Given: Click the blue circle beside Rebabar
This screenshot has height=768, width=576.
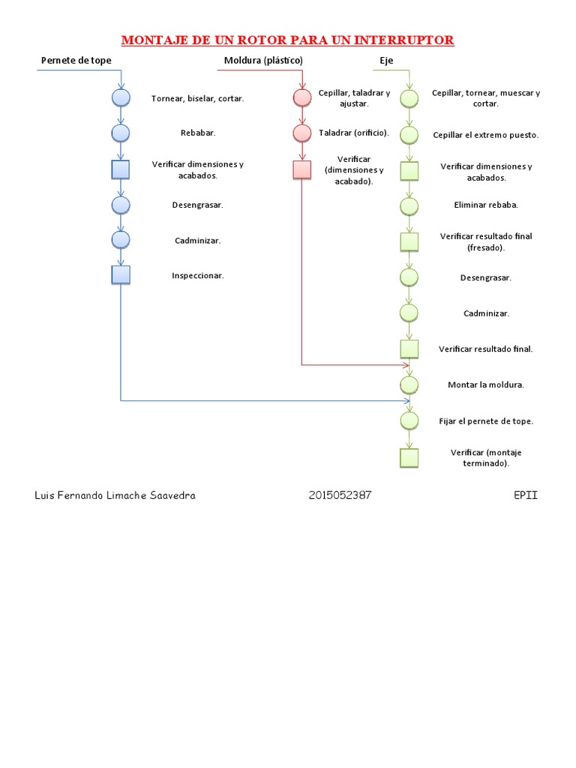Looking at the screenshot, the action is pyautogui.click(x=121, y=133).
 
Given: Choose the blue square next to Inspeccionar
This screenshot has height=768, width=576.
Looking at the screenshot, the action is pyautogui.click(x=121, y=275).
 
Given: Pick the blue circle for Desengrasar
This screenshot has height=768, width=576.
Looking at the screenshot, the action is pyautogui.click(x=121, y=204).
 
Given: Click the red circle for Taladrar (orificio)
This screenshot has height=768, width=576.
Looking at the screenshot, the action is pyautogui.click(x=301, y=133).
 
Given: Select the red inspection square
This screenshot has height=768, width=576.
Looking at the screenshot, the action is pyautogui.click(x=301, y=169).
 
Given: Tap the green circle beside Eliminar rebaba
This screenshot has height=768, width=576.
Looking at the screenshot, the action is pyautogui.click(x=409, y=205).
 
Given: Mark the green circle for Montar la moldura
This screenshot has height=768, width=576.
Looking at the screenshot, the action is pyautogui.click(x=409, y=385).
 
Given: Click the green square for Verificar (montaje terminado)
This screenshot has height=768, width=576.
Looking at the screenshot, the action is pyautogui.click(x=409, y=457).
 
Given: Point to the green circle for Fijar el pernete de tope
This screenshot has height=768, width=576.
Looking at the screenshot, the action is pyautogui.click(x=409, y=421).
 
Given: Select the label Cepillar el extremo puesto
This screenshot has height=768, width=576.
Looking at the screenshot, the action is pyautogui.click(x=486, y=135).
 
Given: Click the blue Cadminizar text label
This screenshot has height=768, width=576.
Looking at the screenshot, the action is pyautogui.click(x=197, y=241).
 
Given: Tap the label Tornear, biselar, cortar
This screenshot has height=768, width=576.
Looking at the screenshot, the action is pyautogui.click(x=197, y=98).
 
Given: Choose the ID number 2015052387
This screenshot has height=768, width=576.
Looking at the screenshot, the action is pyautogui.click(x=340, y=496).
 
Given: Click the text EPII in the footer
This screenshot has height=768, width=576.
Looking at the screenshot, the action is pyautogui.click(x=526, y=496).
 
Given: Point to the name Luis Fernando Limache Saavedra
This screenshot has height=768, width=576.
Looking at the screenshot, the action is pyautogui.click(x=115, y=496).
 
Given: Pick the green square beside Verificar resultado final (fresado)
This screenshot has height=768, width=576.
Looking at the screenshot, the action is pyautogui.click(x=409, y=241).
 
